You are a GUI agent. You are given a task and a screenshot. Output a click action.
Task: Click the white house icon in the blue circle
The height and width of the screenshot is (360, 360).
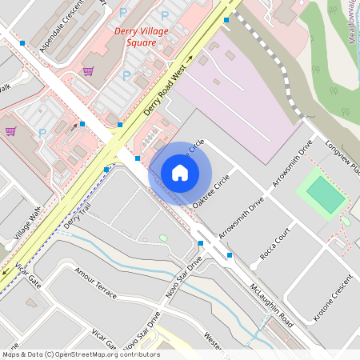(x=180, y=173)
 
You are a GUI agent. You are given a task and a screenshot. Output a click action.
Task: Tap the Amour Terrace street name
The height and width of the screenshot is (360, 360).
(x=95, y=283)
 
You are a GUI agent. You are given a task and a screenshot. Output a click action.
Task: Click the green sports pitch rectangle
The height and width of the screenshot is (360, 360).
(x=323, y=194)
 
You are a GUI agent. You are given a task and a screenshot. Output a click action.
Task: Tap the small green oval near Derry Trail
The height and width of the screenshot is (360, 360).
(x=163, y=238)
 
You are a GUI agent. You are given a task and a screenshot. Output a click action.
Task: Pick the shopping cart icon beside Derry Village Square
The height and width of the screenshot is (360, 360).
(x=88, y=71)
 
